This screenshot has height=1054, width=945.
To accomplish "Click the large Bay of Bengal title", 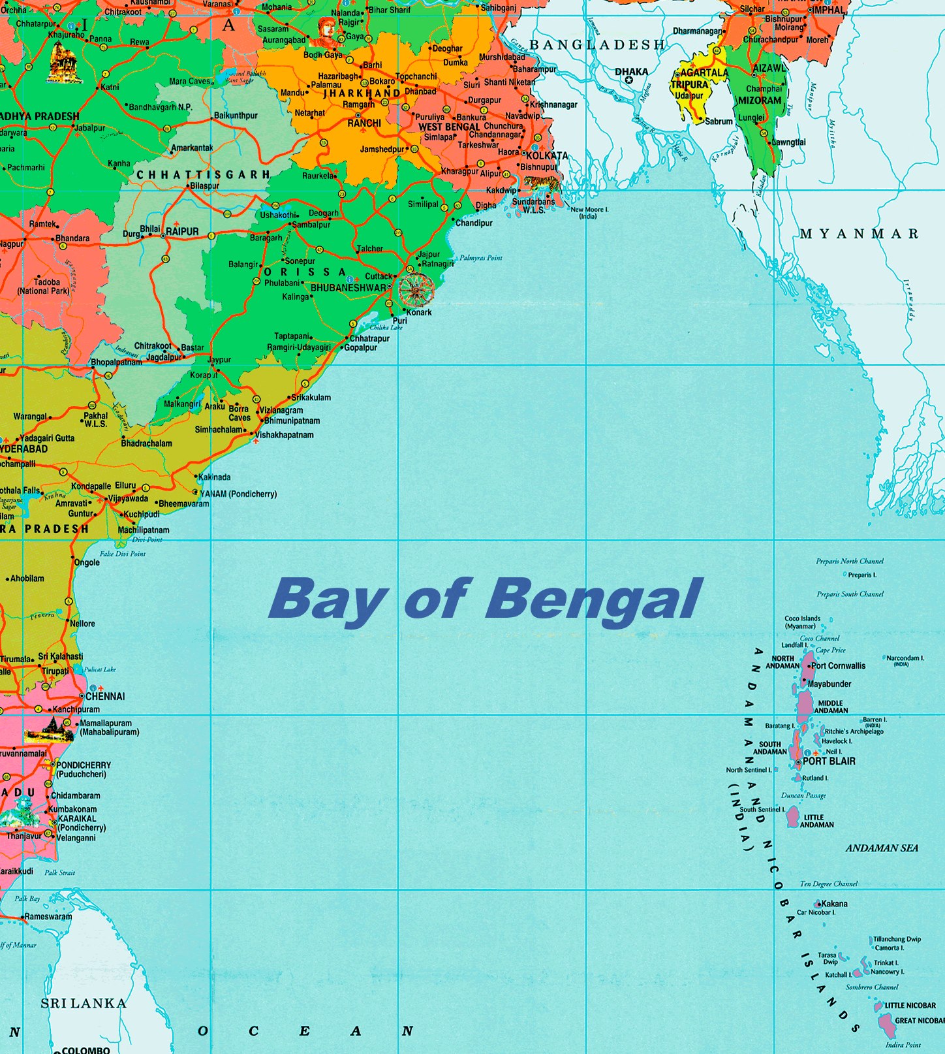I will point(484,599).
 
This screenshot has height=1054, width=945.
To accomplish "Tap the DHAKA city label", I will point(631,72).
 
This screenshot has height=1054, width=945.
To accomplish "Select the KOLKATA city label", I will point(547,155).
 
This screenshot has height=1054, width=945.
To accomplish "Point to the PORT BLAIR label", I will point(829,761).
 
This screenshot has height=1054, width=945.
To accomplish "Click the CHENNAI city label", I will point(105,696).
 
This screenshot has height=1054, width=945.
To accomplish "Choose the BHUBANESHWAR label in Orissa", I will point(349,287).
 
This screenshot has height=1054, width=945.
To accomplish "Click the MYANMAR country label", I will point(859,234).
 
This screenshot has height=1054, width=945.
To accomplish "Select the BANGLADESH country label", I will point(596,45).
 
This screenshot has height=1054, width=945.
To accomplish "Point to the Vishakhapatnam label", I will point(285,435).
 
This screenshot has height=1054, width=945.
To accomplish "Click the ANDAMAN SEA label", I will point(882,848).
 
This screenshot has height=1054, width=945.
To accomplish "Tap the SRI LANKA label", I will point(84,1003).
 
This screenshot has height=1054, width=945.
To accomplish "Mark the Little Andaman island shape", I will point(793,816).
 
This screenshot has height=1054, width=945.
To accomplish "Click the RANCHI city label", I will point(364,123).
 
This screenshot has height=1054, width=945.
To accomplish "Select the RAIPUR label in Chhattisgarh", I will point(182,232).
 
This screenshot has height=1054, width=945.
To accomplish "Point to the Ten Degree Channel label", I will point(829,884).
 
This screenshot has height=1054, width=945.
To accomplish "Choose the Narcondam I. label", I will point(905,658).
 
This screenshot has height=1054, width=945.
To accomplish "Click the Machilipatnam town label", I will point(144,530).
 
